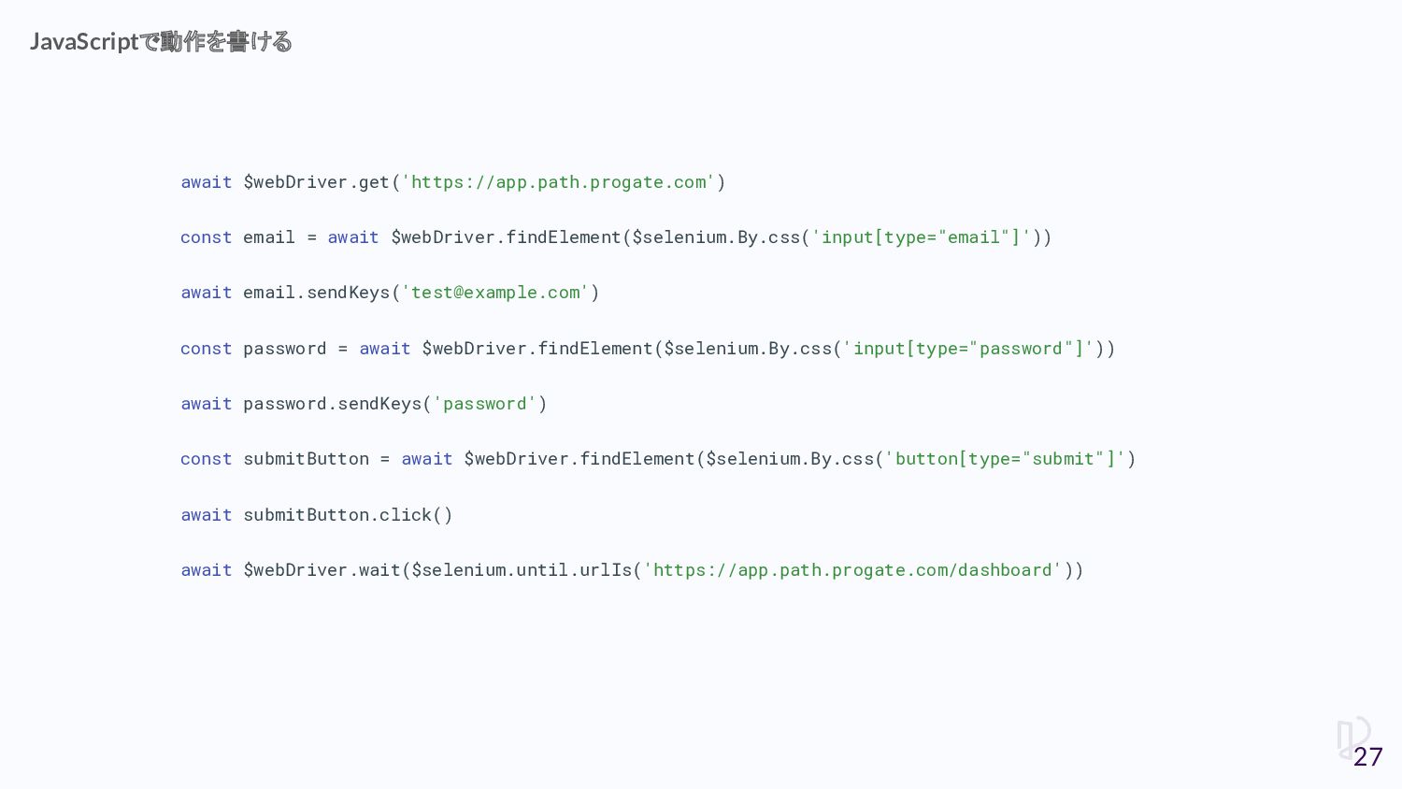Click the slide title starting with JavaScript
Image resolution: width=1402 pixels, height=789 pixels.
point(160,42)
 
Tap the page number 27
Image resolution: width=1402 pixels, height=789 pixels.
point(1367,756)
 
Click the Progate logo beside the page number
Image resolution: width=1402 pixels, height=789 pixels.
point(1352,735)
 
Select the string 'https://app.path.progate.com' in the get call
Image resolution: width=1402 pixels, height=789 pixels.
point(558,182)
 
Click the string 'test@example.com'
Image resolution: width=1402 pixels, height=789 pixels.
point(495,293)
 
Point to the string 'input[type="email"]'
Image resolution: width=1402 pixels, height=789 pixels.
point(921,237)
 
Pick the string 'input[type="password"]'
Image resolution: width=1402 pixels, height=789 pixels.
point(967,349)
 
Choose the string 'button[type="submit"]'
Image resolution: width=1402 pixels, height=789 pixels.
point(1005,459)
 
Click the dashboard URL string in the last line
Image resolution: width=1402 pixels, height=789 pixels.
point(851,570)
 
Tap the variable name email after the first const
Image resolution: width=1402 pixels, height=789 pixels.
point(269,237)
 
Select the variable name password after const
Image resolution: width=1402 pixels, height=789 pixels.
point(285,349)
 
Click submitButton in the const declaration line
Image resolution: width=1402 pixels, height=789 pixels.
point(307,459)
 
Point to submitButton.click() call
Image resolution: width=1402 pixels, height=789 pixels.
point(348,515)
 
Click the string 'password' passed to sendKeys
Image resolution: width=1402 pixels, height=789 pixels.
point(485,404)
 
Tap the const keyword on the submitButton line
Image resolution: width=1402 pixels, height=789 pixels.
point(206,459)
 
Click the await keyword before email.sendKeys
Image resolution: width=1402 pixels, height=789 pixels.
point(206,293)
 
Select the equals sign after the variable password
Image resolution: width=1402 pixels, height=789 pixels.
point(343,349)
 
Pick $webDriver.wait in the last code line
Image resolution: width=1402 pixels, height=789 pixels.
point(322,570)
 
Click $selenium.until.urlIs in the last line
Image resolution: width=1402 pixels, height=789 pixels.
point(522,570)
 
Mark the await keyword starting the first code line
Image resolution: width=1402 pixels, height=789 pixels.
point(206,182)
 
